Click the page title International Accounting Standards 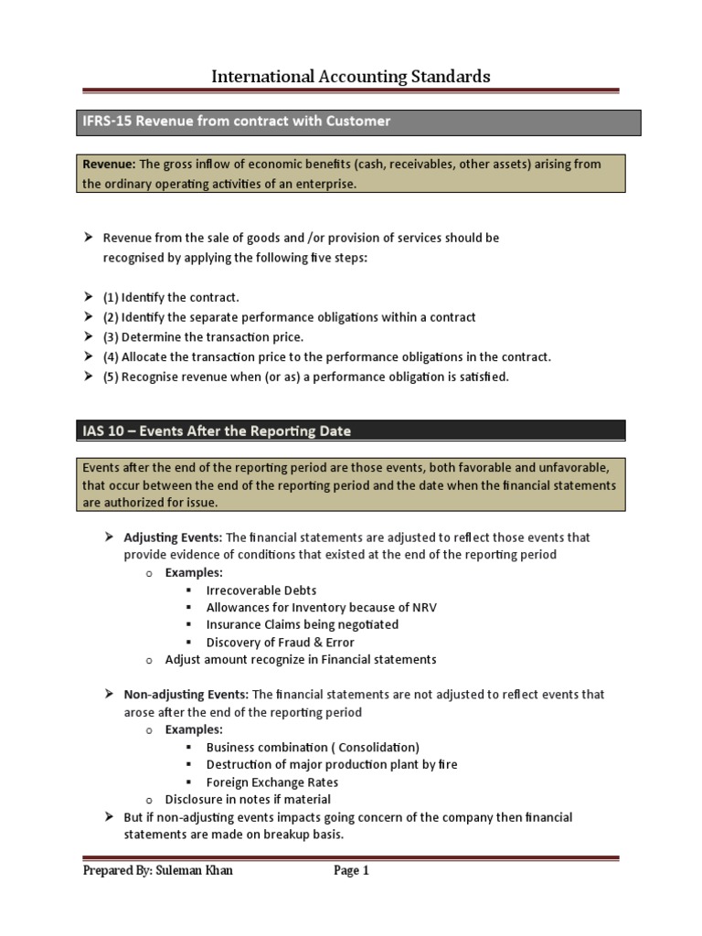tap(351, 77)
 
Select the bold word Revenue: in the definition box tap(109, 164)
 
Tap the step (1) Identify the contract tap(171, 298)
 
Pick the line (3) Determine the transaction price tap(203, 337)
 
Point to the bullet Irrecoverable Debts tap(261, 590)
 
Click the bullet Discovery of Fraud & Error tap(281, 643)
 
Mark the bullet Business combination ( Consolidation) tap(313, 747)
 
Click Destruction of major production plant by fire tap(332, 764)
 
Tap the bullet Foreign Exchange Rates tap(272, 782)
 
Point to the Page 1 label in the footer tap(351, 871)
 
